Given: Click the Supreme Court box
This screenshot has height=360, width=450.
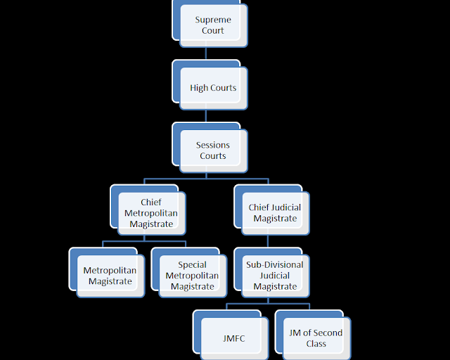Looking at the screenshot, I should (x=213, y=25).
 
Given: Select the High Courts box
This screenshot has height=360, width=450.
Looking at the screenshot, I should (x=213, y=88).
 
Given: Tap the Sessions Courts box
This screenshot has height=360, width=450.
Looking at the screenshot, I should (x=213, y=150).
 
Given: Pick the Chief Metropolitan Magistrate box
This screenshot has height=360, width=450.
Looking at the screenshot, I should (x=151, y=213).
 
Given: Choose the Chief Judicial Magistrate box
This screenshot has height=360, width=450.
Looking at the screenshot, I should (x=275, y=213).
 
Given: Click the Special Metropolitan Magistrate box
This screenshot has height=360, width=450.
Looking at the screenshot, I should (x=192, y=276).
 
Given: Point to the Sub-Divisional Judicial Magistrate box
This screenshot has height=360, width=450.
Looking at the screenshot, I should (x=275, y=276).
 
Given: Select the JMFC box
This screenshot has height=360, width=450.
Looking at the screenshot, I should (x=233, y=338).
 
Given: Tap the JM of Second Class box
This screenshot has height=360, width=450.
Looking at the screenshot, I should (x=316, y=338).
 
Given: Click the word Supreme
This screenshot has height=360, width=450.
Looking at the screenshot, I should (x=213, y=20).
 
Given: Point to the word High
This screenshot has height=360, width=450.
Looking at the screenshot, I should (x=198, y=88).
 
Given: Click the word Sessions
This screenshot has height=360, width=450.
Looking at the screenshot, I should (x=213, y=145).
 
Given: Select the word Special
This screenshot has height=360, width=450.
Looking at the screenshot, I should (x=192, y=265).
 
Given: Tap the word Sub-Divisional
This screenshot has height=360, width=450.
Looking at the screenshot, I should (x=275, y=265).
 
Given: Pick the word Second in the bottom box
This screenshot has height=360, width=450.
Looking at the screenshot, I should (x=327, y=333).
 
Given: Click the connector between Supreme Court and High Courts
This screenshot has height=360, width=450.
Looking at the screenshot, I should (x=206, y=53).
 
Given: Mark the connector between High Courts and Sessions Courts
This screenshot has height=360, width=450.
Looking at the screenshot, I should (x=206, y=116).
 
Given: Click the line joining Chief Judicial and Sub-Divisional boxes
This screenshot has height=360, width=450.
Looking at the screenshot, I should (x=268, y=241).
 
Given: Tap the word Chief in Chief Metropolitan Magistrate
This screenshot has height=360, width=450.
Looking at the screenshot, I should (x=151, y=202).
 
